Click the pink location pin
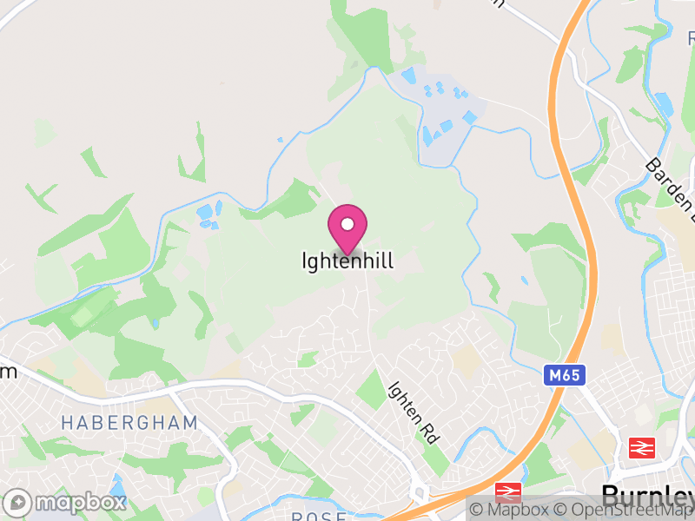point(347,229)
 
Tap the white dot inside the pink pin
point(347,224)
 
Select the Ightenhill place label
point(347,260)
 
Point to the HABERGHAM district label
point(129,423)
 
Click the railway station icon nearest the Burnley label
point(641,447)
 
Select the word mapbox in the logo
point(80,502)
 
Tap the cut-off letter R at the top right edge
point(692,37)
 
